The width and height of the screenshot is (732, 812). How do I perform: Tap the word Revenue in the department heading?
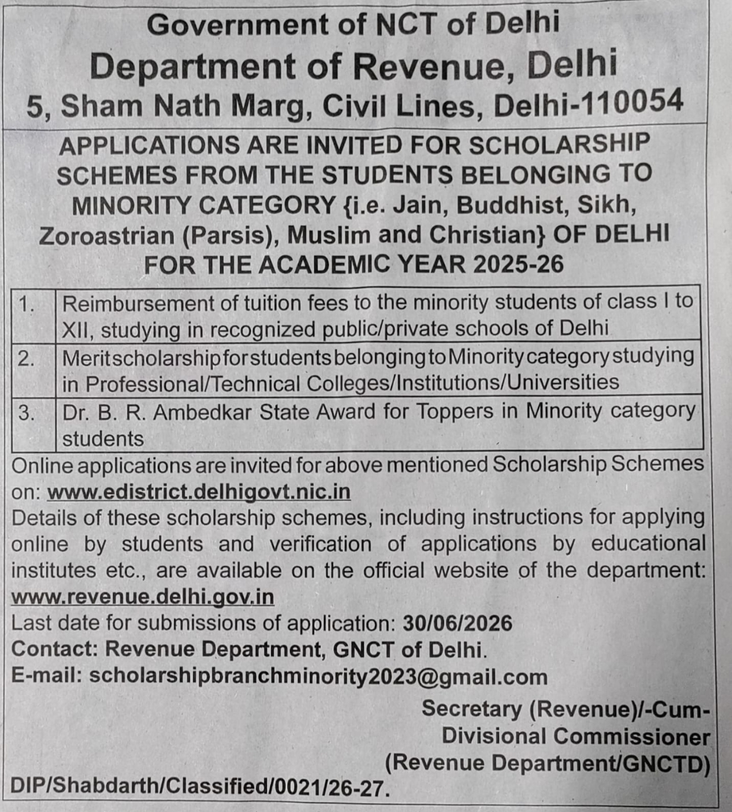tap(430, 66)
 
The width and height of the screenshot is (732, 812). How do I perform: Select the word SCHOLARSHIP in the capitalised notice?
tap(559, 144)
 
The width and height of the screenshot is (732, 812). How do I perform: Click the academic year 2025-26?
tap(518, 264)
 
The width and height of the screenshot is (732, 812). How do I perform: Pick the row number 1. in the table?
tap(27, 304)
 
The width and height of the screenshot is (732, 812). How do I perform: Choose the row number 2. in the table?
tap(27, 358)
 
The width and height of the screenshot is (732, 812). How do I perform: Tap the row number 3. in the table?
tap(27, 412)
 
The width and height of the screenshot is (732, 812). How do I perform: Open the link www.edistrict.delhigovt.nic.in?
tap(199, 491)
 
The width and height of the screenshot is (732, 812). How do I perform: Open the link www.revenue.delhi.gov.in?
tap(142, 596)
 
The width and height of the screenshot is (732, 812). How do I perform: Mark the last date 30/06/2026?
tap(457, 623)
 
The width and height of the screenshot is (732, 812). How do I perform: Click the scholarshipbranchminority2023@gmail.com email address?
tap(318, 677)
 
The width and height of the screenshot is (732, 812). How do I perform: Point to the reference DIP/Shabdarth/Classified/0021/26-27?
tap(200, 787)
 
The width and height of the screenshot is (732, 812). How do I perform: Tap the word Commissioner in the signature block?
tap(632, 736)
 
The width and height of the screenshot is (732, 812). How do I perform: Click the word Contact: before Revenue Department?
tap(54, 649)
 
